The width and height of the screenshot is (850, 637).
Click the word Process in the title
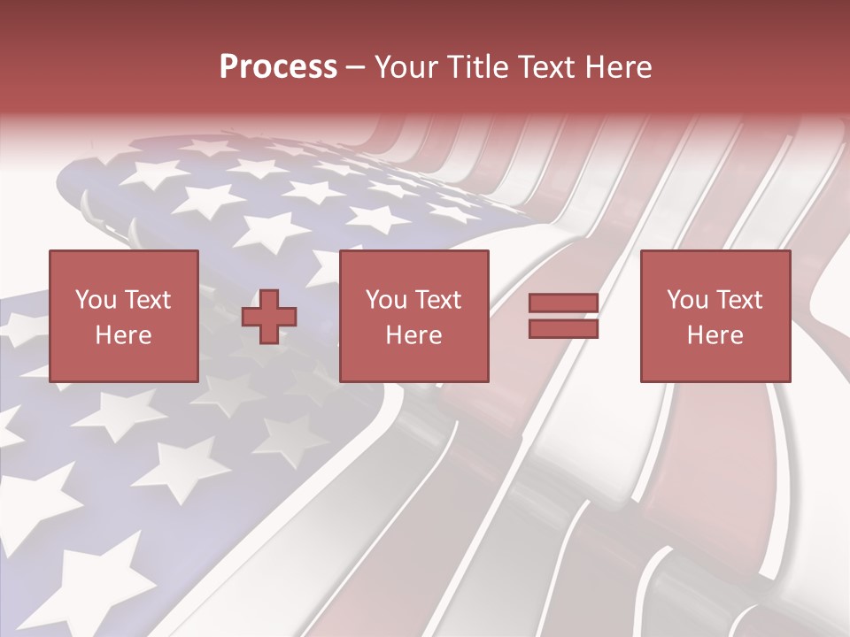pyautogui.click(x=278, y=67)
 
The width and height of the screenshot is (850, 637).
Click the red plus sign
pyautogui.click(x=269, y=317)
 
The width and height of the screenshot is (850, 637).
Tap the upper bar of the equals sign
pyautogui.click(x=563, y=303)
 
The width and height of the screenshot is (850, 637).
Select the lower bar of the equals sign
pyautogui.click(x=563, y=329)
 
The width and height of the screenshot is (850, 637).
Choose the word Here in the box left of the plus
pyautogui.click(x=123, y=335)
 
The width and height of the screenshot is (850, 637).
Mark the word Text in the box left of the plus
pyautogui.click(x=147, y=300)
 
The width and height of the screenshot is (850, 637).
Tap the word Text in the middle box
pyautogui.click(x=437, y=300)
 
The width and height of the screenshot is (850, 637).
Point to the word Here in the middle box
pyautogui.click(x=413, y=335)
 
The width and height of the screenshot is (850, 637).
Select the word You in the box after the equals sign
pyautogui.click(x=687, y=300)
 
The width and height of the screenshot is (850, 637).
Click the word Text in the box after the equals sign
pyautogui.click(x=738, y=300)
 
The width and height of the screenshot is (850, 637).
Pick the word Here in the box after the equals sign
pyautogui.click(x=715, y=335)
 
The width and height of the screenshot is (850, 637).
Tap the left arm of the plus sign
pyautogui.click(x=251, y=317)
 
